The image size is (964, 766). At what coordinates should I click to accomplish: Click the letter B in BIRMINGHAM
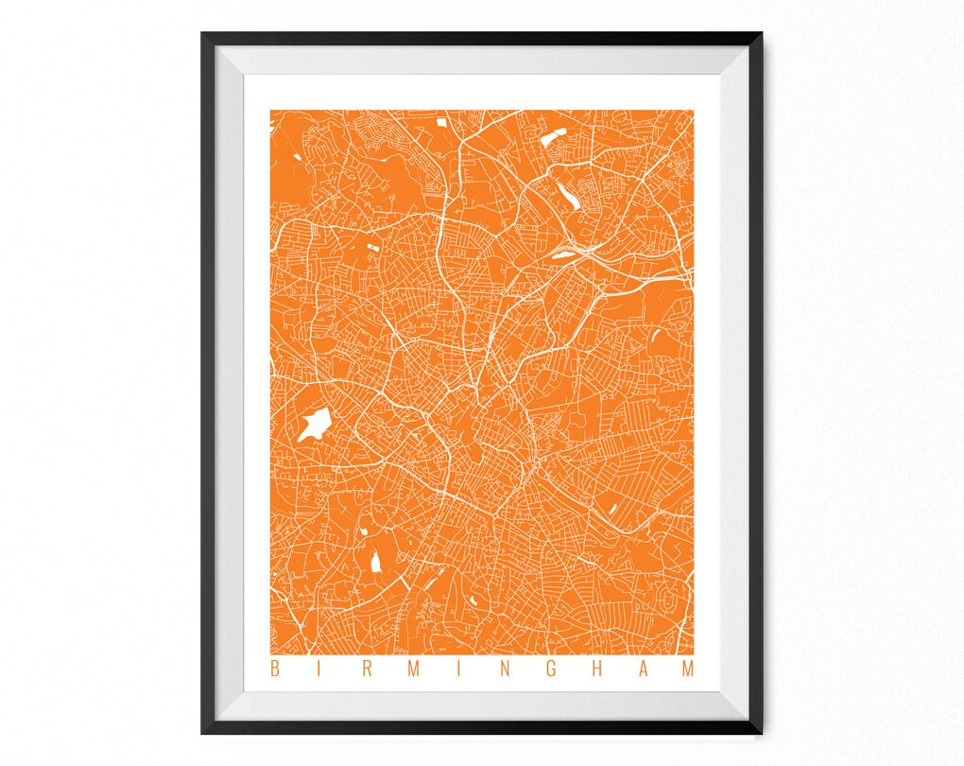click(275, 670)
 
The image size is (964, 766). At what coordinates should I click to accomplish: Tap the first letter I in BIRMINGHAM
click(320, 670)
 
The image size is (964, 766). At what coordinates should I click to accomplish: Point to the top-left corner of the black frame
click(202, 35)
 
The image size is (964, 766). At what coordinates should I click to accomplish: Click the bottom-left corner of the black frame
click(202, 733)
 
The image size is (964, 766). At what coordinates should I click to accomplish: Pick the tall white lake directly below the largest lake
click(375, 563)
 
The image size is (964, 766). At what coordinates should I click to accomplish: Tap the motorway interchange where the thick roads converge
click(588, 251)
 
